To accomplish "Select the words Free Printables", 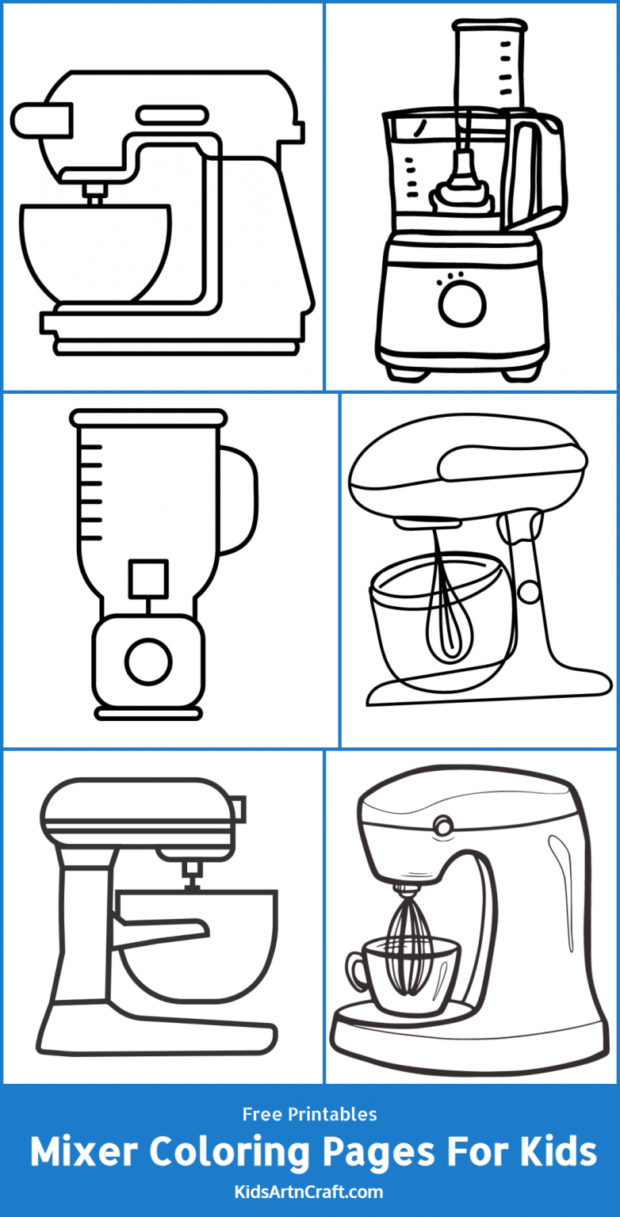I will (x=310, y=1115).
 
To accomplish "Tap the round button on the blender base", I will (x=148, y=660).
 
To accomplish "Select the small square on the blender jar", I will (x=148, y=578).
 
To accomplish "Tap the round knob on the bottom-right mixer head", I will (x=442, y=826).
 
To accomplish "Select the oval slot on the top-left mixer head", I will (x=171, y=116).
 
